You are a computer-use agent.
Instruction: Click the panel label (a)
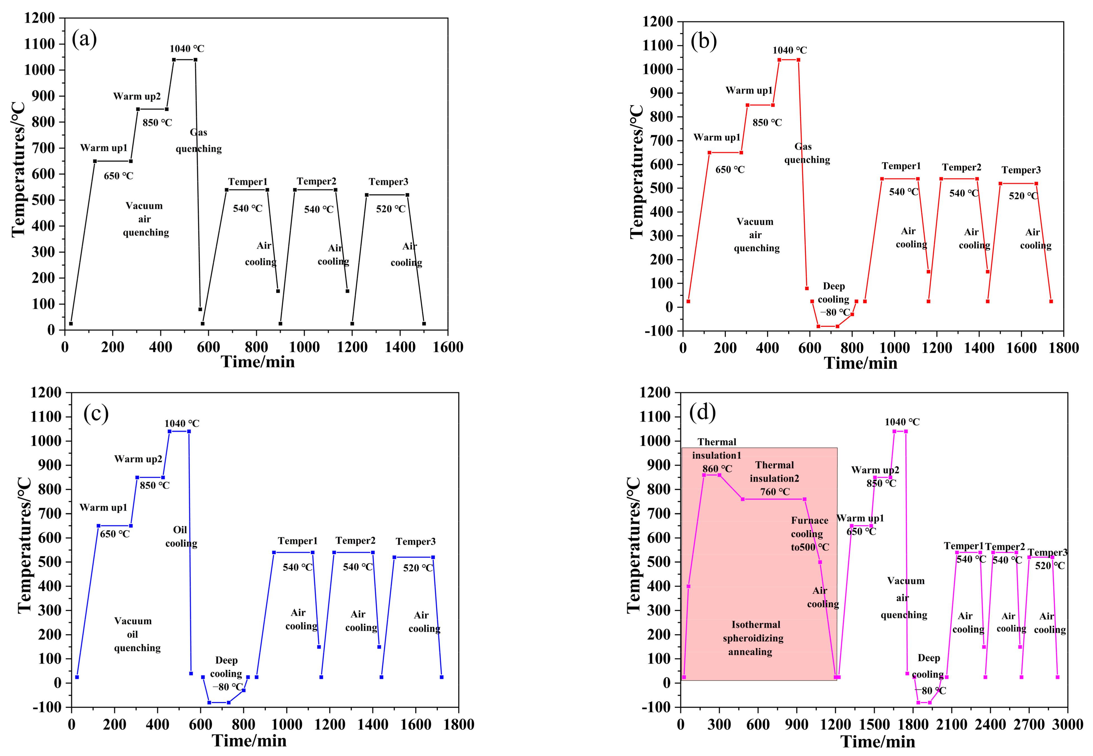[x=84, y=39]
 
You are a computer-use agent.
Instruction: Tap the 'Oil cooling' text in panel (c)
[x=181, y=536]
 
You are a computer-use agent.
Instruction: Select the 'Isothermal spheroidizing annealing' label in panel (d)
[x=753, y=638]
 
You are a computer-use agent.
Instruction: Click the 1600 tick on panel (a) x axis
[x=448, y=347]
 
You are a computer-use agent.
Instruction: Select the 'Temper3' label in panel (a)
[x=388, y=182]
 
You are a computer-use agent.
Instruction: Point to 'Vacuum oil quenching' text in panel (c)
[x=135, y=634]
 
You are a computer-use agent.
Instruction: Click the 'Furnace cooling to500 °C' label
[x=810, y=534]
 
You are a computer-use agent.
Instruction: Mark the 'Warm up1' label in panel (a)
[x=104, y=148]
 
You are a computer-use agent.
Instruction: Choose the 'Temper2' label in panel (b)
[x=961, y=167]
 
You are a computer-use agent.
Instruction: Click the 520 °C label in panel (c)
[x=418, y=568]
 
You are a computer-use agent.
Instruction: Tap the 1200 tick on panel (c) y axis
[x=46, y=393]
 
